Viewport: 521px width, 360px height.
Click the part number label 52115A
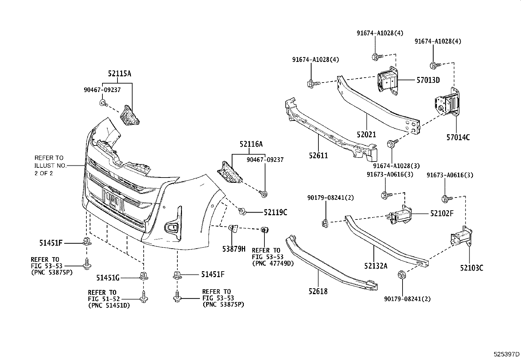(x=119, y=74)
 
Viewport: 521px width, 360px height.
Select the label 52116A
(x=251, y=144)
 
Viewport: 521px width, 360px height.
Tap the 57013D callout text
(x=428, y=80)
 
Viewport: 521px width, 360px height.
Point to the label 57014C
(x=458, y=137)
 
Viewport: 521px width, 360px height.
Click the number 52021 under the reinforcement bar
(x=366, y=134)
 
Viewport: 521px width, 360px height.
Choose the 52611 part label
(x=318, y=155)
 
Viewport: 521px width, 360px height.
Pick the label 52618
(x=318, y=291)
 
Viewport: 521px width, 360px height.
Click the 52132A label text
(x=376, y=266)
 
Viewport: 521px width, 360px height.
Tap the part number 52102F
(x=442, y=213)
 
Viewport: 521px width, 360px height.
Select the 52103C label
(x=472, y=268)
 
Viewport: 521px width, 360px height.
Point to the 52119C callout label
(x=275, y=212)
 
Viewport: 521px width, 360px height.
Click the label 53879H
(x=234, y=249)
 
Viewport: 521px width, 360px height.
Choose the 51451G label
(x=108, y=277)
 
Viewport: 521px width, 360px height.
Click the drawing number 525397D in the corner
(x=506, y=354)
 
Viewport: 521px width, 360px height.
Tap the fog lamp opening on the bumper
(x=171, y=228)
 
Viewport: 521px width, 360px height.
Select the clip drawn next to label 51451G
(x=144, y=276)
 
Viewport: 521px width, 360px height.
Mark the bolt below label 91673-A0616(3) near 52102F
(x=386, y=195)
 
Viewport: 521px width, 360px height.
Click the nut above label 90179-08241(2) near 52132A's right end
(x=402, y=275)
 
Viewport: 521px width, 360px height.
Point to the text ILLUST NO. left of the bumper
(x=50, y=165)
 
